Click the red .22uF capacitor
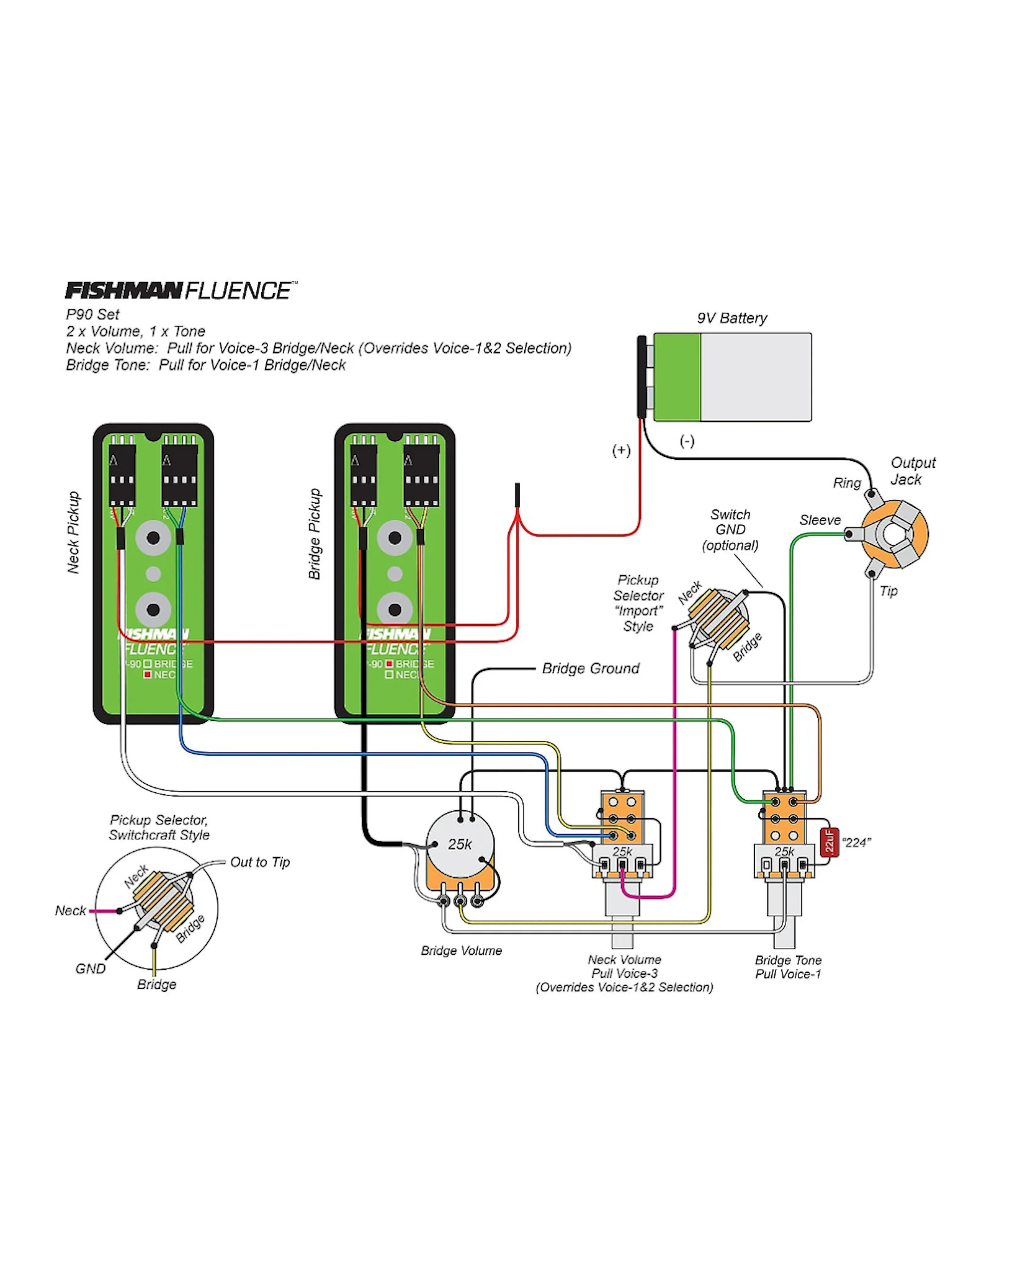point(830,842)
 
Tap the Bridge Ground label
point(590,668)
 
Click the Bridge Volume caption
point(461,950)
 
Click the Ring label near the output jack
point(847,483)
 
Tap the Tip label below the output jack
point(888,591)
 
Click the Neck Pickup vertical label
point(73,532)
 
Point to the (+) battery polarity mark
point(621,450)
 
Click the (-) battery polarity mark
point(686,441)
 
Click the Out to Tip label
point(260,862)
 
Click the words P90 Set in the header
point(93,314)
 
